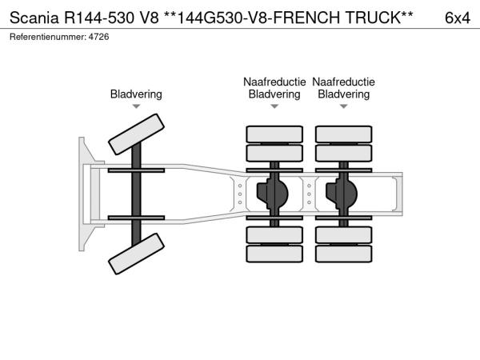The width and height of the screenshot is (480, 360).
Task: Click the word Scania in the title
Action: tap(34, 18)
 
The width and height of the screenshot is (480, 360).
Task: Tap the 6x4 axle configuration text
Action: tap(458, 18)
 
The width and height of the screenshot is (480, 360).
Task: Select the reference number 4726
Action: tap(98, 37)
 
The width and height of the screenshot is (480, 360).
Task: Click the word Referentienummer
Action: tap(47, 37)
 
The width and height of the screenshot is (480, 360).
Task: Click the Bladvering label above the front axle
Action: tap(136, 94)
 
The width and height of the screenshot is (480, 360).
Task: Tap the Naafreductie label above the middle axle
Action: tap(274, 82)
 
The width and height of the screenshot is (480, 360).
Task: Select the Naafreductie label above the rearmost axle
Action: tap(343, 82)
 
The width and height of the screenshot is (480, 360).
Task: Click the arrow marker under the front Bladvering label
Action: tap(136, 106)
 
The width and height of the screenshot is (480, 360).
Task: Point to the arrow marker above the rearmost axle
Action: tap(343, 106)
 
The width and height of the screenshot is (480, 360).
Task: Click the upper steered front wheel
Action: tap(136, 134)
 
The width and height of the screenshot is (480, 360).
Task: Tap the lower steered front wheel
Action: tap(136, 254)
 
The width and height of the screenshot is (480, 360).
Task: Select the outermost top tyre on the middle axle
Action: tap(274, 134)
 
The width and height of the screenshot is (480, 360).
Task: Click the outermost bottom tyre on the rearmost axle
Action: tap(343, 254)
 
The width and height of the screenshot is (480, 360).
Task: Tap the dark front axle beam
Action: tap(136, 194)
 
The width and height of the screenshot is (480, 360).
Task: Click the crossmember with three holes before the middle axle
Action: tap(240, 194)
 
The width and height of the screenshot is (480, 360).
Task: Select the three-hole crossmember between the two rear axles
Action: tap(309, 194)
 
